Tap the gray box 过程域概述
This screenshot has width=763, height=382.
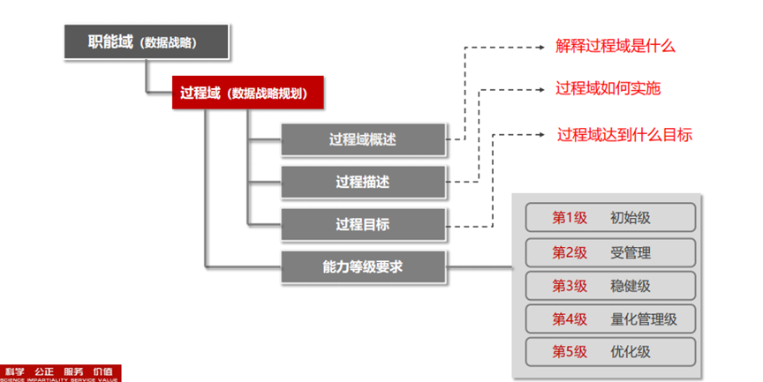coord(362,139)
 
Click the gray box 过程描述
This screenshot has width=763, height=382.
coord(362,182)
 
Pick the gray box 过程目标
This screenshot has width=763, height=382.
coord(362,224)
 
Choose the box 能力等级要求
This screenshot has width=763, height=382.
coord(362,266)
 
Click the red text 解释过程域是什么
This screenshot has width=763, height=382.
coord(616,46)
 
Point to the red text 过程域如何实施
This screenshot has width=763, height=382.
coord(608,89)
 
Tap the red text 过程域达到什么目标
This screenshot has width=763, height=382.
coord(624,134)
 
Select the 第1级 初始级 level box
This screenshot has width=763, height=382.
coord(610,217)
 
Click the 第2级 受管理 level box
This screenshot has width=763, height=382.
coord(610,251)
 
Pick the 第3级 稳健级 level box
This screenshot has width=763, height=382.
coord(610,285)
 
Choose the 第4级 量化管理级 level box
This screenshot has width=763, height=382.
coord(610,318)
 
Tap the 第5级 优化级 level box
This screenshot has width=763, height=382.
coord(610,351)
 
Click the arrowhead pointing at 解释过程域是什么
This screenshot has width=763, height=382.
coord(542,47)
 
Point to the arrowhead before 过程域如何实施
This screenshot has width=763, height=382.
coord(542,90)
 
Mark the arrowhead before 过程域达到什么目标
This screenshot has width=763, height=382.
coord(542,135)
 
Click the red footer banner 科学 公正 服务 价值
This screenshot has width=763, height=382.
coord(60,373)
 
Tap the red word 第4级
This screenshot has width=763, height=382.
coord(570,318)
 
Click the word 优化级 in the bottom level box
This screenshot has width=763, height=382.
coord(631,351)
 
